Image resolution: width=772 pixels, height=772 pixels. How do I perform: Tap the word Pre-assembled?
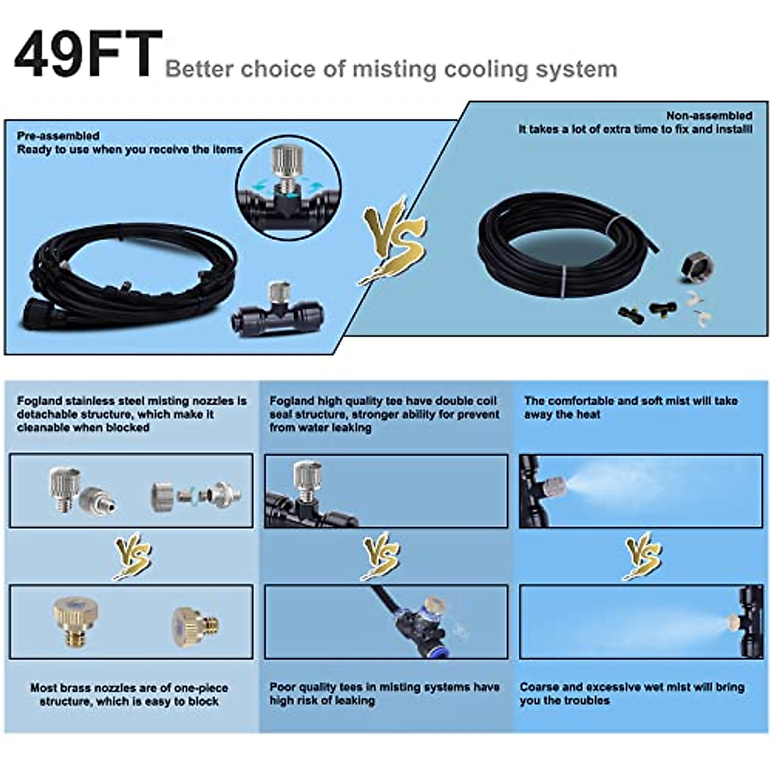(58, 136)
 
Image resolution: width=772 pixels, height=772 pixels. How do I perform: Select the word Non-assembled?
(708, 116)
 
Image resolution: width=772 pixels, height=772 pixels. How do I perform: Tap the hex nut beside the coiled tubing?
(697, 264)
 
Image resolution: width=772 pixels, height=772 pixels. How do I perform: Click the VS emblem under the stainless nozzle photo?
(132, 556)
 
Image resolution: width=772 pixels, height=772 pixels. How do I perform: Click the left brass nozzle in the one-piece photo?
(71, 621)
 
